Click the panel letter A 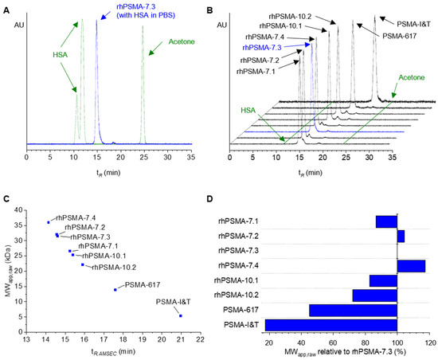pyautogui.click(x=7, y=7)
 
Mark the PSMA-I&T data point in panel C pyautogui.click(x=181, y=316)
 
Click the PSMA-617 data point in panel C pyautogui.click(x=115, y=289)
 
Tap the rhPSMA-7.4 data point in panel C pyautogui.click(x=49, y=222)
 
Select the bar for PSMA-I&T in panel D pyautogui.click(x=330, y=324)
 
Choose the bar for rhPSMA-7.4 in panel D pyautogui.click(x=411, y=266)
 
